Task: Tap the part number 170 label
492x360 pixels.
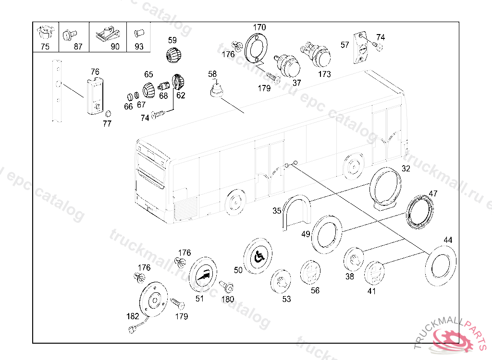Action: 259,27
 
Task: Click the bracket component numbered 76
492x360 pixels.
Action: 95,96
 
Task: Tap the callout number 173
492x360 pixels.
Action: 325,74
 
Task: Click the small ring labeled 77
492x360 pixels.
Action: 108,114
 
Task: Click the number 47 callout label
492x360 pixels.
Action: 433,194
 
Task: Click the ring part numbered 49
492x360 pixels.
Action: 327,233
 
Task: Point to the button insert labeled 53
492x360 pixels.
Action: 281,281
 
